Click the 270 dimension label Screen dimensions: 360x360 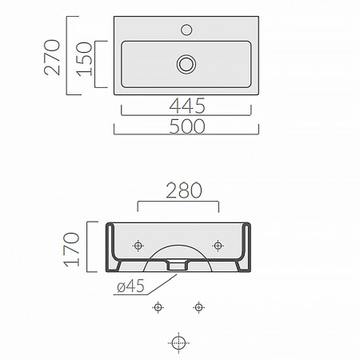coord(52,58)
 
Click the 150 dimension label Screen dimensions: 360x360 coord(84,59)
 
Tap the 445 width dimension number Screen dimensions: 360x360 coord(187,106)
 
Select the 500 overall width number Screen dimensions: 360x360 coord(187,126)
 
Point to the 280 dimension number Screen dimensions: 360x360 coord(184,190)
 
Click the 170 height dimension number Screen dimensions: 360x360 coord(71,250)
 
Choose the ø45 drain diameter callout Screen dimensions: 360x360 coord(130,286)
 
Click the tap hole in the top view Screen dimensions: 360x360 coord(186,30)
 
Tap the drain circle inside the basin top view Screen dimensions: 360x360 coord(186,64)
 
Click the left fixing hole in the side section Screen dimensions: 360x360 coord(138,246)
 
